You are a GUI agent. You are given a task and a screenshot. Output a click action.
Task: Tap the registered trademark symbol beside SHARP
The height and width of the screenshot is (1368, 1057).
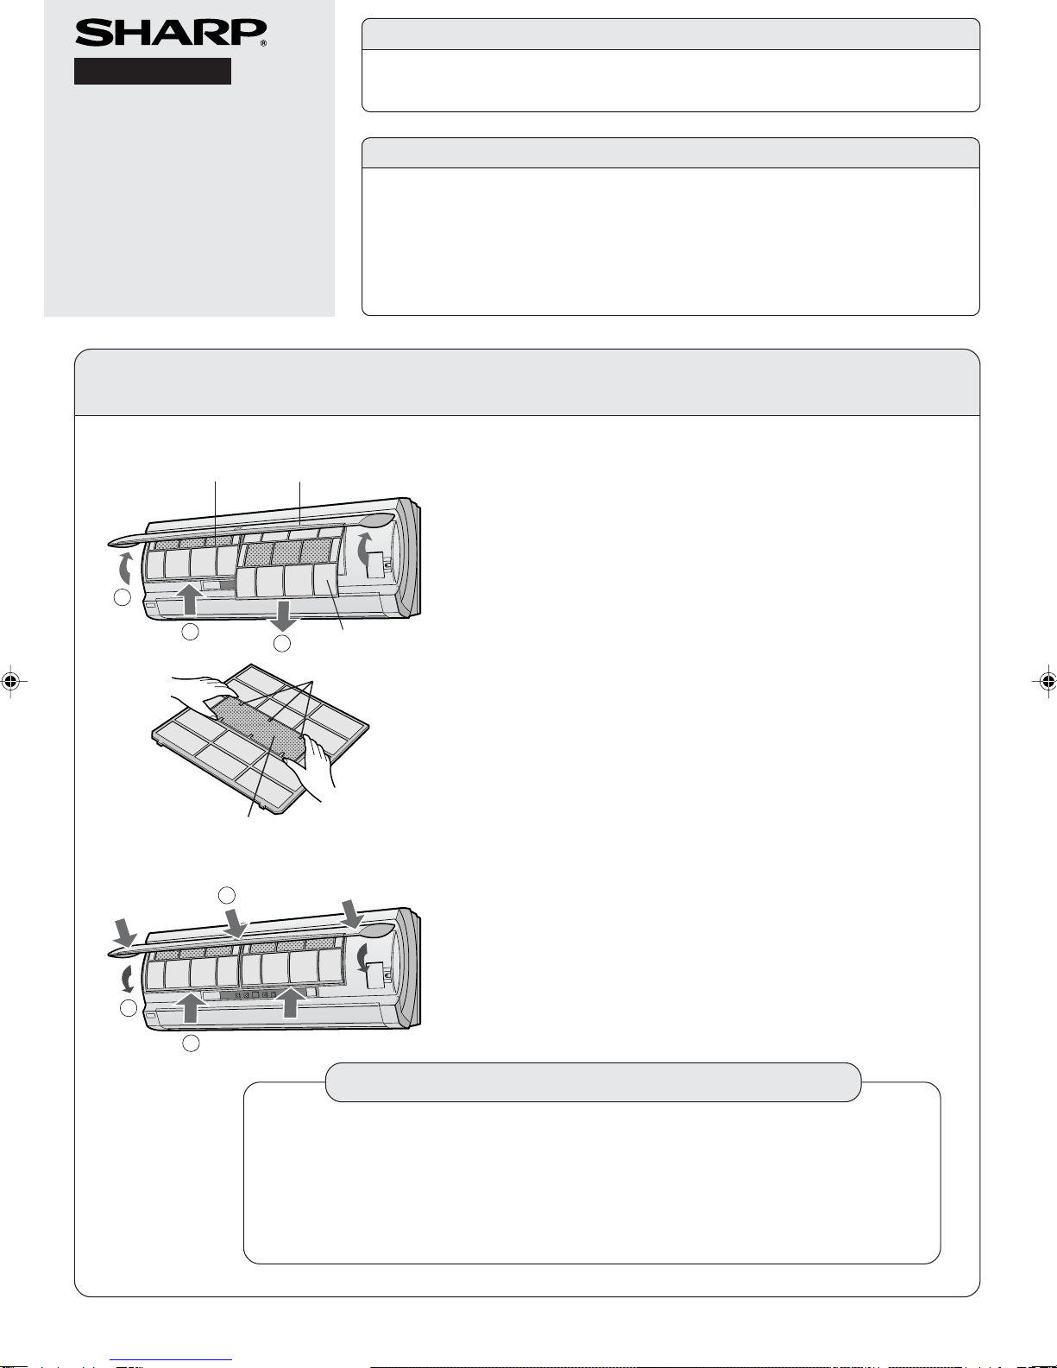[263, 43]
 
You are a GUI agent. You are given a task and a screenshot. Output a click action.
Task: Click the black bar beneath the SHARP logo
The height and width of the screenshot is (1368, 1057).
[152, 71]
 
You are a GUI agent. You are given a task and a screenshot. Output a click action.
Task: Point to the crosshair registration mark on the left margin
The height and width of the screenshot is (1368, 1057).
[10, 680]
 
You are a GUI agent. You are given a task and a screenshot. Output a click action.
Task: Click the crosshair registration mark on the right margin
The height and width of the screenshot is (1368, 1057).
[1047, 680]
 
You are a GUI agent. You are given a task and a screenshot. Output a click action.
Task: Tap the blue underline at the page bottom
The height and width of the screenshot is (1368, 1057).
[171, 1360]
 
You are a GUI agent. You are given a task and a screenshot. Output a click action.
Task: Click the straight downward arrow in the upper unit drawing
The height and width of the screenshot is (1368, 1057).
[283, 615]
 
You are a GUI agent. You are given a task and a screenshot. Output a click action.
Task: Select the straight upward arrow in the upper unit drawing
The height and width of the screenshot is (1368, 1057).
[189, 599]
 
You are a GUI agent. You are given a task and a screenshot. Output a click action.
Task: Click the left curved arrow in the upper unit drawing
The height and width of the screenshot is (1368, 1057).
[126, 569]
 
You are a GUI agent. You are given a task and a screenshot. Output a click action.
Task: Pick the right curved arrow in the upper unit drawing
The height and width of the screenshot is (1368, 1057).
[363, 549]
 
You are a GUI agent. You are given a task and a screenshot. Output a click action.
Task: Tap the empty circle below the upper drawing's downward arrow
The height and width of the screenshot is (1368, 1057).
[282, 643]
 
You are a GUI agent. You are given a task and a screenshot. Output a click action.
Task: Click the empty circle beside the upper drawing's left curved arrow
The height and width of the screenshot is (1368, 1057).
[122, 596]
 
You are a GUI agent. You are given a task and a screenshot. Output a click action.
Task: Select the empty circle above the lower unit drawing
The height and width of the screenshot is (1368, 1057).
[226, 894]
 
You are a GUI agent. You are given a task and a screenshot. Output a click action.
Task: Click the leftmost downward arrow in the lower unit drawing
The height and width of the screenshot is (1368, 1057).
[126, 933]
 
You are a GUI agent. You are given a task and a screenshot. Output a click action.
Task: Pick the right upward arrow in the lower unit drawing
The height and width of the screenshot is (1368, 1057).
[289, 1002]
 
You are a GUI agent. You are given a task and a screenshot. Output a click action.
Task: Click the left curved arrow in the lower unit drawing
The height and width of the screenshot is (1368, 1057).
[128, 978]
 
